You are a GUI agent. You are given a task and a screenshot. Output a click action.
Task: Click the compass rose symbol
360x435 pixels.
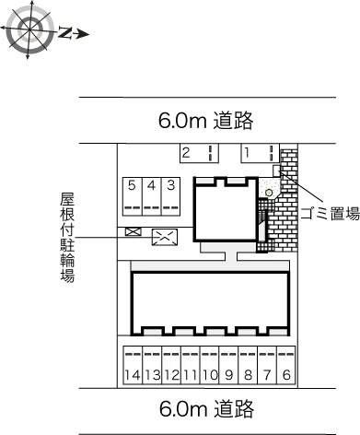point(29,30)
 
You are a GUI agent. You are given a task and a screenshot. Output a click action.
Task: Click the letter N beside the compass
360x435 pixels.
point(65,33)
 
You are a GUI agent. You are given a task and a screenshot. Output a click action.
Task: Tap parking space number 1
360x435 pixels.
point(260,153)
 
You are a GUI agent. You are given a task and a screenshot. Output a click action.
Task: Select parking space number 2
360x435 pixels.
point(199,153)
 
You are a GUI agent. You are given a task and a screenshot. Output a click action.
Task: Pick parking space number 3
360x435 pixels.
point(171,196)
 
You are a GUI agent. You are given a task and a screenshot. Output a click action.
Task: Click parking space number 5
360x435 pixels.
point(133,196)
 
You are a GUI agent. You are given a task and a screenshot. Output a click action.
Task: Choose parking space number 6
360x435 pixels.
point(286,365)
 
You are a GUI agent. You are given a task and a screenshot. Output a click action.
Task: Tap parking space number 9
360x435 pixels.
point(228,365)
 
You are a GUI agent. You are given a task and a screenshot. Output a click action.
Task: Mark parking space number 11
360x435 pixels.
point(191,365)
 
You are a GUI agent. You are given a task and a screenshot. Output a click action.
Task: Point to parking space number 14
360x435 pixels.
point(133,365)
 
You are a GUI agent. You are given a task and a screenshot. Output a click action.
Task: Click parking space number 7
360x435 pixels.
point(267,365)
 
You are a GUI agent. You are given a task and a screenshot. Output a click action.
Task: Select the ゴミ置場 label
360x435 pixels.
point(330,214)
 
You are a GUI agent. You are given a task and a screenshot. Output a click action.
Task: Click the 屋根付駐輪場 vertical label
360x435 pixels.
point(67,237)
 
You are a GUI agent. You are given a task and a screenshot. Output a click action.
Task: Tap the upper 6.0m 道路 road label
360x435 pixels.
point(206,121)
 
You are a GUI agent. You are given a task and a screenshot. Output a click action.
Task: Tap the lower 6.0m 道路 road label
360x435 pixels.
point(206,409)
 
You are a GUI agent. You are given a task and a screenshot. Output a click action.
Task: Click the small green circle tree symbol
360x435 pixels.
point(269,193)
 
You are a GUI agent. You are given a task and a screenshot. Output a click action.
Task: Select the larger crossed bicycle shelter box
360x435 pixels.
point(165,237)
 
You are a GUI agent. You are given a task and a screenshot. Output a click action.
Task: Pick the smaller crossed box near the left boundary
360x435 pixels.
point(134,231)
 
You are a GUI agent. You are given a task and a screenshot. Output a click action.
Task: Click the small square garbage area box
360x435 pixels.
point(277,170)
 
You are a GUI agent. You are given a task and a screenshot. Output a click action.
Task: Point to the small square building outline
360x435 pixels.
point(193,209)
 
